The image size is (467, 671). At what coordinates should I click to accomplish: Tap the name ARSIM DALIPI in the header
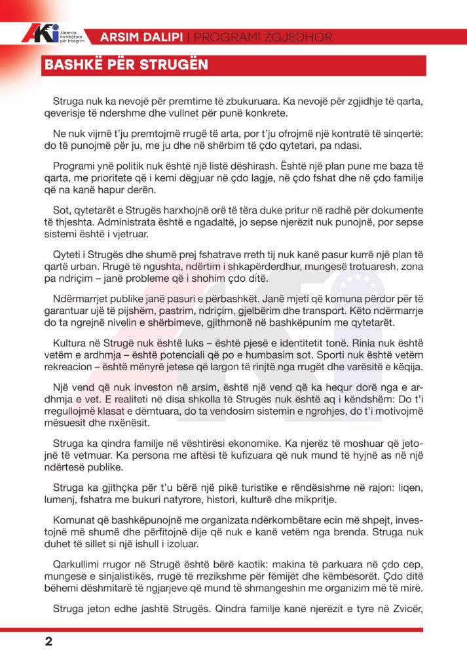pyautogui.click(x=142, y=37)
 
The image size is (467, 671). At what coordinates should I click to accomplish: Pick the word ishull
pyautogui.click(x=155, y=545)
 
